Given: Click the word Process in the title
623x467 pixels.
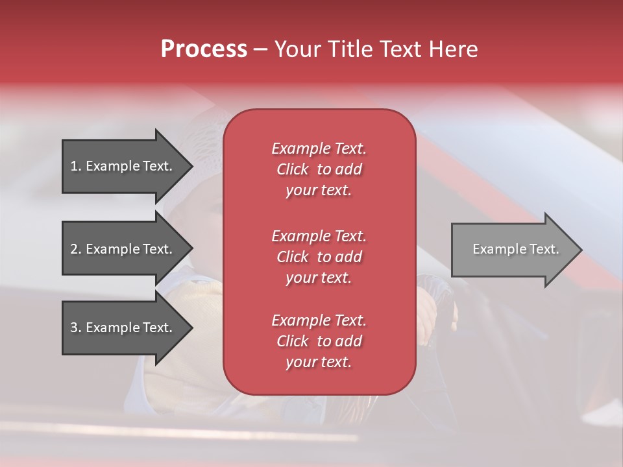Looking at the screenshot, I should (204, 49).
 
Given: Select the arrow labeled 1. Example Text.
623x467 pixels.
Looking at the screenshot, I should (123, 166).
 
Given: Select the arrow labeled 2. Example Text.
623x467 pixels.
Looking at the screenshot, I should (123, 249).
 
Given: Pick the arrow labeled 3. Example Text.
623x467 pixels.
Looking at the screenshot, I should (123, 328).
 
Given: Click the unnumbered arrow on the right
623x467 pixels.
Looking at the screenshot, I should (513, 250).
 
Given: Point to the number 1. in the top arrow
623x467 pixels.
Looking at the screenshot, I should (76, 166).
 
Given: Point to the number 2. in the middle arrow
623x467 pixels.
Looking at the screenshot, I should (76, 249).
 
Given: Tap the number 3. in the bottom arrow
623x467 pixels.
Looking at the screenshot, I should (76, 328).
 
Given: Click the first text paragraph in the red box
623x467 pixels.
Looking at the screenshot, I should (319, 169).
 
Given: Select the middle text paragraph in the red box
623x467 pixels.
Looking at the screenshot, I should (319, 257).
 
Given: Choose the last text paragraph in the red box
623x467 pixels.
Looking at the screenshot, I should (319, 341).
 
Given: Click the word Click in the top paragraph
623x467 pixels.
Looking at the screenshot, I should (292, 169).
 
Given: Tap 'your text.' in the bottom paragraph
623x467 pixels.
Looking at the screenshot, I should (319, 363).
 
